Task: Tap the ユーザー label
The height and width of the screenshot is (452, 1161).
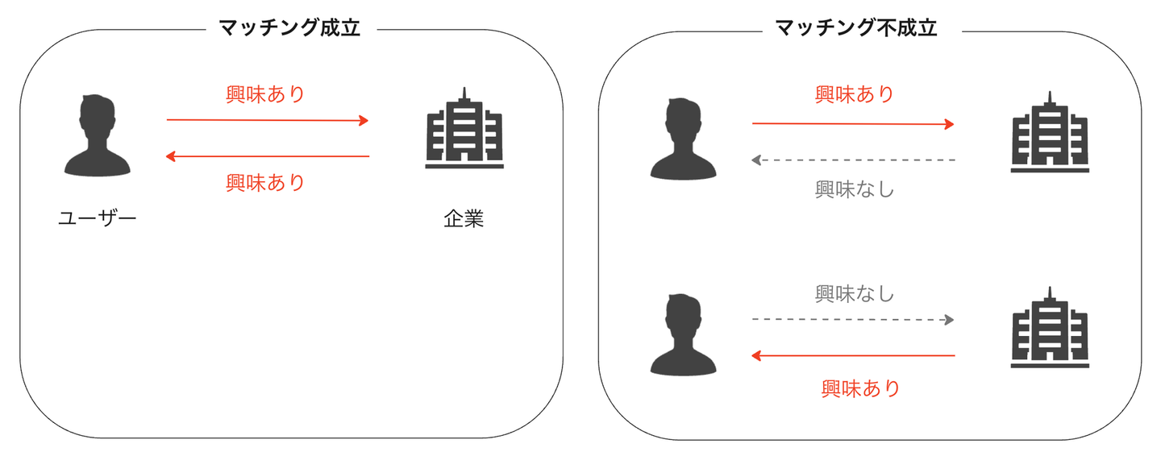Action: point(97,218)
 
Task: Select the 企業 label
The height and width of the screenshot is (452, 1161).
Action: point(464,218)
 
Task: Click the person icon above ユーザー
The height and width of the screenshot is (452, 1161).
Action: point(97,135)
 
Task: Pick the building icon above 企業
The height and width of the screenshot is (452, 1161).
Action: point(464,129)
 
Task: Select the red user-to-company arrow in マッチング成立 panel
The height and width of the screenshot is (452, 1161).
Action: point(267,121)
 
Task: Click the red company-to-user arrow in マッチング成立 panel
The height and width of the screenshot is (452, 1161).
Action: point(267,156)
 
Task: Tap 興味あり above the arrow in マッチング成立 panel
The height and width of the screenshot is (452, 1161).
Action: point(266,94)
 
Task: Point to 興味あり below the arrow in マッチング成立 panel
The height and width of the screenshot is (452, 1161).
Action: point(266,183)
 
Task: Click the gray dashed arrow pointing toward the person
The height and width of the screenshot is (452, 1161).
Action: point(853,160)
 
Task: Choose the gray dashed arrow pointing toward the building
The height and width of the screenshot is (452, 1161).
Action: point(853,320)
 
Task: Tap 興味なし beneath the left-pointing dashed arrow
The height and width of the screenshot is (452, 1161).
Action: point(855,190)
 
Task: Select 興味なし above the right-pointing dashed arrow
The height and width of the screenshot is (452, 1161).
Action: point(855,293)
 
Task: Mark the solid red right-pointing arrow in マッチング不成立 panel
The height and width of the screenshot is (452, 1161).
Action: point(853,124)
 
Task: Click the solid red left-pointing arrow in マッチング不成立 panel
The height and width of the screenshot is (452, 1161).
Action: point(853,355)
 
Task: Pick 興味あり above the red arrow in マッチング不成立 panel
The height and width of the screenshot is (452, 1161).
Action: point(855,94)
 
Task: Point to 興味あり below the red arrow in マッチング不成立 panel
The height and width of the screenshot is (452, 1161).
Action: point(860,388)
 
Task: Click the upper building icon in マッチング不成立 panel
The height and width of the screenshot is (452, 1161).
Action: point(1049,133)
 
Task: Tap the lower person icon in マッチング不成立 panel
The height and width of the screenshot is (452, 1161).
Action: point(683,334)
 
